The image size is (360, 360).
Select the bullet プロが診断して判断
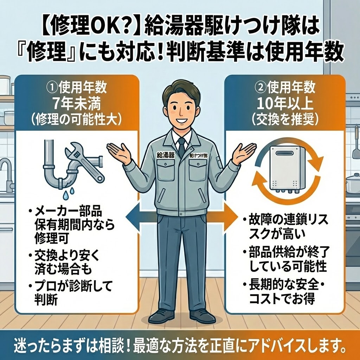pos(70,292)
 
